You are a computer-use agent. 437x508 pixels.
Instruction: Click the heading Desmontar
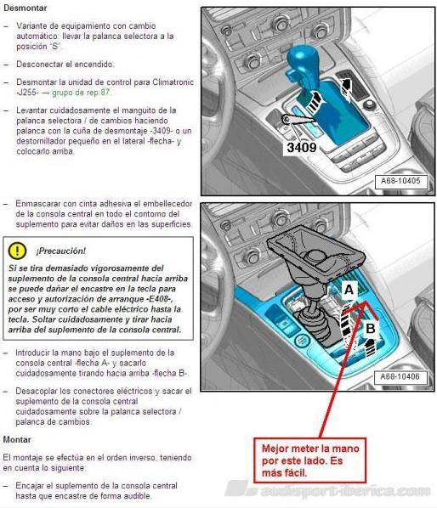point(26,8)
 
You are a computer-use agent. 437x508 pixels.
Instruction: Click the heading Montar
point(17,440)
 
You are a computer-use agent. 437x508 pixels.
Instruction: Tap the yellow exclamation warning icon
point(17,251)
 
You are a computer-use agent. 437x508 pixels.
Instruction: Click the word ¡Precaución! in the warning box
point(61,251)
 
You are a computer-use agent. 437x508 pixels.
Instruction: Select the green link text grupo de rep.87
point(81,93)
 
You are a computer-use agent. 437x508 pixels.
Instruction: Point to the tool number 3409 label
point(302,148)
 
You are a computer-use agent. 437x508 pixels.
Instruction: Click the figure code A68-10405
point(400,181)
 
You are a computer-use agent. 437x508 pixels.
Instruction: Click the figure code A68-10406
point(400,376)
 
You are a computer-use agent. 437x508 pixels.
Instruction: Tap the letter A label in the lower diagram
point(349,290)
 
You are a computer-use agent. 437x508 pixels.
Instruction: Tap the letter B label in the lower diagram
point(370,328)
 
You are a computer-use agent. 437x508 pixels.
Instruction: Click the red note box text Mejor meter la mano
point(310,449)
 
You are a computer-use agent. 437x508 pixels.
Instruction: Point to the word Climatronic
point(173,82)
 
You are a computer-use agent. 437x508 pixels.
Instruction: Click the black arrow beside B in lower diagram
point(369,347)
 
